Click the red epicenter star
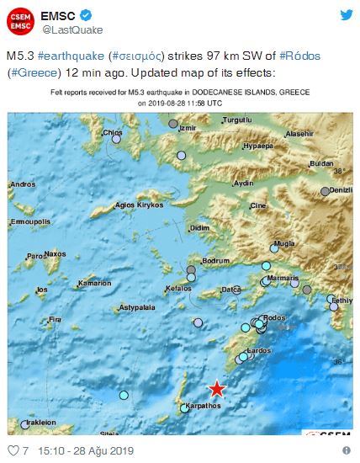pos(217,388)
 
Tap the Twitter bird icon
pos(346,15)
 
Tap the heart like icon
pos(11,450)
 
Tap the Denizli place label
pos(340,190)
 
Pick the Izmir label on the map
pos(187,128)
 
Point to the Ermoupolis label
pos(27,221)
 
